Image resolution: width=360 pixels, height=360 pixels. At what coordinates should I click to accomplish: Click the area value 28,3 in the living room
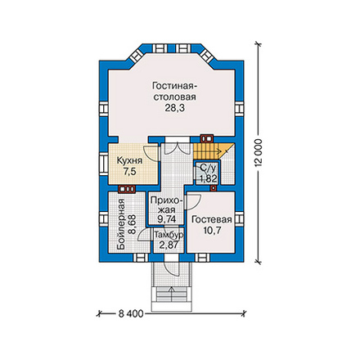tap(174, 108)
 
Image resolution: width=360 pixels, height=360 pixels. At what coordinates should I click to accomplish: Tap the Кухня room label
tap(129, 160)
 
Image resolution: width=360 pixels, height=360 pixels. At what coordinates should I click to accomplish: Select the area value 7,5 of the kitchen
tap(129, 172)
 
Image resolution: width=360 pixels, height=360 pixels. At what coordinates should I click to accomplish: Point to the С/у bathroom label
tap(208, 168)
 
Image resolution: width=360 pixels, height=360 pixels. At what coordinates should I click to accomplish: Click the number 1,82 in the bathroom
tap(209, 179)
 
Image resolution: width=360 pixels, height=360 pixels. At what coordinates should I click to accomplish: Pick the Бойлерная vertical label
tap(121, 224)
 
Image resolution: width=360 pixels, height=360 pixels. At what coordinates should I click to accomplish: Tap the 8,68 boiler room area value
tap(133, 224)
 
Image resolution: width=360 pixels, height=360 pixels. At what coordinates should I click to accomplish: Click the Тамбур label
tap(169, 235)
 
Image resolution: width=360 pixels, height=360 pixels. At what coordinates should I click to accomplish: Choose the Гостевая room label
tap(212, 220)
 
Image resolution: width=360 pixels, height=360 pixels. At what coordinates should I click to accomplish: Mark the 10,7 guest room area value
tap(212, 231)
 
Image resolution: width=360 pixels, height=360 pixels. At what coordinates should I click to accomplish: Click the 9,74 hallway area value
tap(167, 219)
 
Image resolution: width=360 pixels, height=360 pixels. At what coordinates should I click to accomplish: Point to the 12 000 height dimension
tap(259, 152)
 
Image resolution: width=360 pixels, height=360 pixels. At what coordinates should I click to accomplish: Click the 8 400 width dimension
tap(131, 314)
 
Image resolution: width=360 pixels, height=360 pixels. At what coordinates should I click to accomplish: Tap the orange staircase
tap(210, 151)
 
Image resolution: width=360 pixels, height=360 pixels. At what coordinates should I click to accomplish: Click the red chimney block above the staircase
tap(206, 138)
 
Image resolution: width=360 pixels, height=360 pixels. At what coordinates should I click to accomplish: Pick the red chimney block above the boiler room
tap(127, 189)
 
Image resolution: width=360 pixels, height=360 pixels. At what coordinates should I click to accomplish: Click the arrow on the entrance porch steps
tap(172, 294)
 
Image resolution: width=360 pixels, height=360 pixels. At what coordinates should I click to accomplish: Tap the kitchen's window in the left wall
tap(104, 164)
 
